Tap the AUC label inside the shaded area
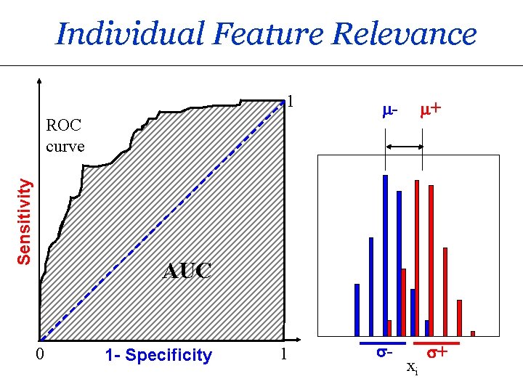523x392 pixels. pos(187,271)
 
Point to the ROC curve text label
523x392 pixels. pos(65,136)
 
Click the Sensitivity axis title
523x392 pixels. pos(25,221)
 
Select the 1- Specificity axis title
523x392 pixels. pos(158,356)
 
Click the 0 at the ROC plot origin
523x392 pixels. pos(41,355)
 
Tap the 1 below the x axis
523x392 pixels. pos(284,355)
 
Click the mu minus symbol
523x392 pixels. pos(390,111)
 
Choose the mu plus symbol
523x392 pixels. pos(431,111)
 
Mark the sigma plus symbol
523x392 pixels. pos(436,353)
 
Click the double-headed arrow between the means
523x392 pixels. pos(404,147)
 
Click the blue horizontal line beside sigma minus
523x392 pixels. pos(382,342)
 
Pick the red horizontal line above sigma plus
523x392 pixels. pos(437,342)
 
